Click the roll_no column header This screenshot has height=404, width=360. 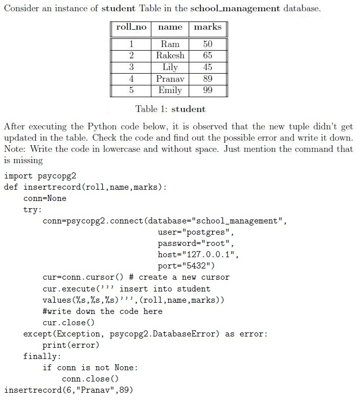coord(131,27)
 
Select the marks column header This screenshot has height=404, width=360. coord(208,27)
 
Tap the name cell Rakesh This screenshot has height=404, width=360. coord(170,55)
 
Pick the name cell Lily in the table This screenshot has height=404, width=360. coord(170,67)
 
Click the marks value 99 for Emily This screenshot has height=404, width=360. coord(208,90)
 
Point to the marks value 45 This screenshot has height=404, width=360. coord(208,67)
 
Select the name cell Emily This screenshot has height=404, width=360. coord(170,90)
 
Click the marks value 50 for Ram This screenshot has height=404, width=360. coord(208,44)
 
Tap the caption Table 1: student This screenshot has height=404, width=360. coord(170,109)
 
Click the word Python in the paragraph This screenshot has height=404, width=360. coord(102,126)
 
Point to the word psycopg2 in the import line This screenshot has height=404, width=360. coord(57,176)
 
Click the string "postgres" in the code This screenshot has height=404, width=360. coord(206,232)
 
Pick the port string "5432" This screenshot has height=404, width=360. coord(196,265)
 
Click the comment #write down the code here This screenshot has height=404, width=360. coord(103,311)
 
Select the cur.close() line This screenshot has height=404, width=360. coord(69,323)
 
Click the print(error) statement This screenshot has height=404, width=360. coord(71,345)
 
